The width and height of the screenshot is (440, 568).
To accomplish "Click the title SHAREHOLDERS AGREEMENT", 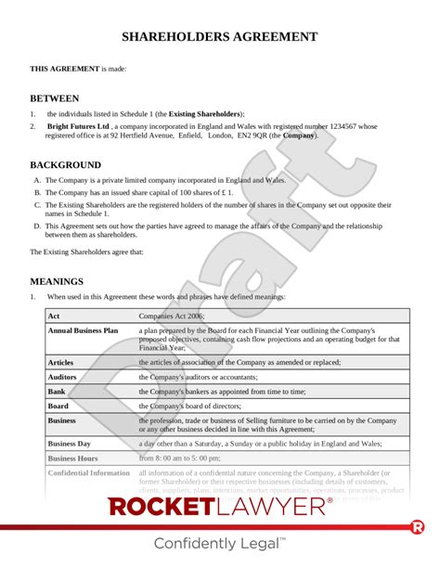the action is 220,37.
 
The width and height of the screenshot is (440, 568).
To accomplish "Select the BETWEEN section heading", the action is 55,97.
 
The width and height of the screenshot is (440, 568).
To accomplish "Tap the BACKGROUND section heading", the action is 68,164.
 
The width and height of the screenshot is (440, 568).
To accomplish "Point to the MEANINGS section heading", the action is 57,280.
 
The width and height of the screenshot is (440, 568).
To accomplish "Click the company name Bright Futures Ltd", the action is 79,125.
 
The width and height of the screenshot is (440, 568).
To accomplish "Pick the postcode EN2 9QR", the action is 256,136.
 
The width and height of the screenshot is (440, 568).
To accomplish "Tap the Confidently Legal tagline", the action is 220,544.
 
